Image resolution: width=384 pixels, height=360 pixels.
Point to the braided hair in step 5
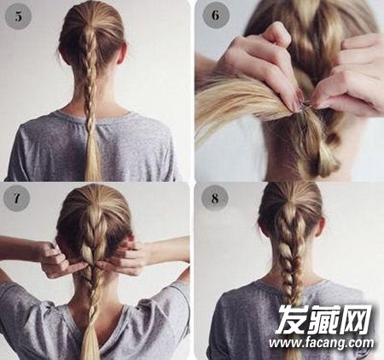(91, 85)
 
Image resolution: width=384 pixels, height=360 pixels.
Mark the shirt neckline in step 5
(91, 118)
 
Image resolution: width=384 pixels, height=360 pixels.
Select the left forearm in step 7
(21, 249)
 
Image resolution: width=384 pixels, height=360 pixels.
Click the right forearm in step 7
(166, 249)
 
